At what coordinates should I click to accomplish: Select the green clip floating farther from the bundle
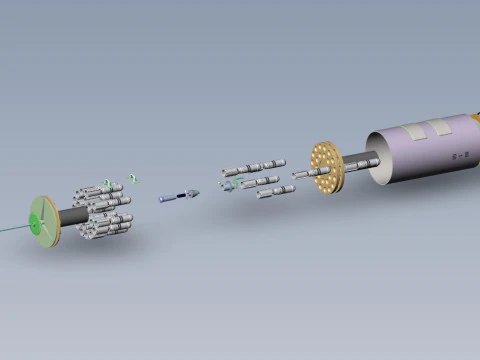pyautogui.click(x=133, y=179)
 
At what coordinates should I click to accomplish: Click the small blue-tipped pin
pyautogui.click(x=173, y=197)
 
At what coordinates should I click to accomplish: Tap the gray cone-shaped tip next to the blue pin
pyautogui.click(x=193, y=192)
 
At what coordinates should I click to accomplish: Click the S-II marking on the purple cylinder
pyautogui.click(x=460, y=157)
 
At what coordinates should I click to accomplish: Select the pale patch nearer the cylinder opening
pyautogui.click(x=414, y=130)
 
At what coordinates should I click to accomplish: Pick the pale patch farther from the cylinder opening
pyautogui.click(x=441, y=126)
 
